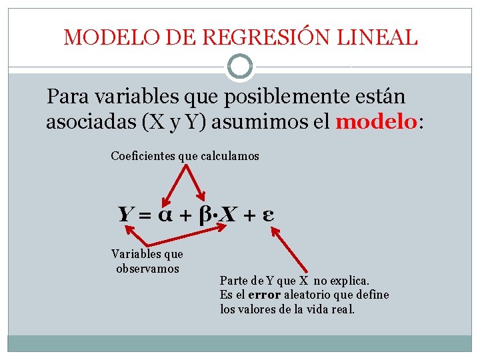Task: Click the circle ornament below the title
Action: click(239, 67)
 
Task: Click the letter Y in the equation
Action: click(125, 215)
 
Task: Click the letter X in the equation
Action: click(229, 215)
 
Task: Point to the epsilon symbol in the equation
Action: click(270, 215)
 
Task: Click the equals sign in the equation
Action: click(145, 215)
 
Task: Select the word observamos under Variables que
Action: click(147, 269)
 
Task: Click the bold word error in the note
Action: click(265, 295)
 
